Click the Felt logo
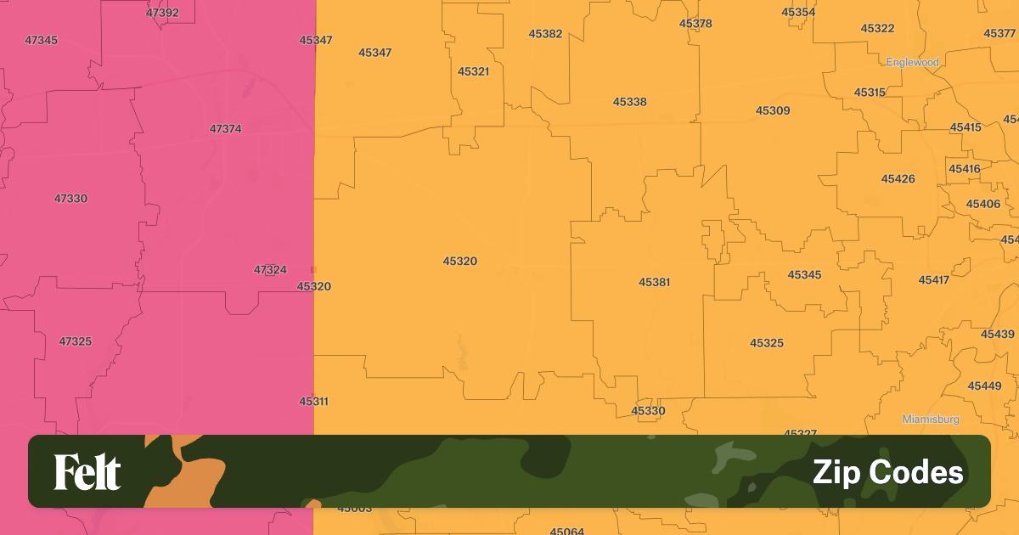[87, 472]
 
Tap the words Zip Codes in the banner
[887, 472]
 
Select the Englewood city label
[912, 62]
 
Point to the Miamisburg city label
[931, 420]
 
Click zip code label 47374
[225, 129]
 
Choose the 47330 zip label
[70, 199]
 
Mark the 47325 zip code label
[75, 341]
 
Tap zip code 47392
[162, 13]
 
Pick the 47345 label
[42, 40]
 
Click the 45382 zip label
[545, 34]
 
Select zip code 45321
[473, 71]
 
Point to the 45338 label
[629, 102]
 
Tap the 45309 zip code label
[773, 110]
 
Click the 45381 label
[655, 282]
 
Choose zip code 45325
[767, 343]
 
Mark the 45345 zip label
[804, 275]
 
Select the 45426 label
[898, 179]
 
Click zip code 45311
[313, 401]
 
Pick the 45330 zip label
[648, 411]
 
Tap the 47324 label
[270, 270]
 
